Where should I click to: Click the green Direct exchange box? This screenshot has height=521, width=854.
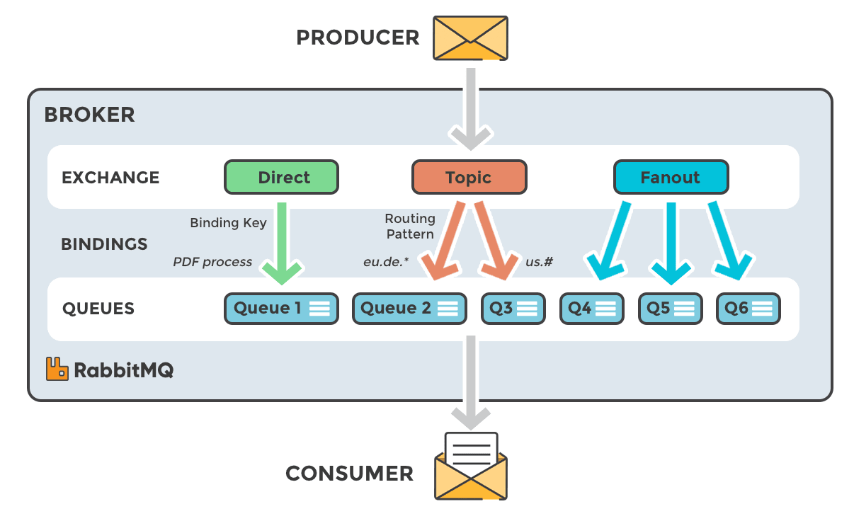(281, 177)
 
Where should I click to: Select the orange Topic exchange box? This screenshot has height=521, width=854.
(469, 177)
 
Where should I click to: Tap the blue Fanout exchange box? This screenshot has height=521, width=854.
(670, 177)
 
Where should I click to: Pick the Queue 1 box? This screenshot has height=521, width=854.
(281, 309)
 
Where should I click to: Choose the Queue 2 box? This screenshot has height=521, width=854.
(409, 309)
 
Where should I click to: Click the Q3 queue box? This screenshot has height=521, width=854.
(513, 309)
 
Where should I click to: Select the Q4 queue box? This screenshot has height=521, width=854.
(591, 309)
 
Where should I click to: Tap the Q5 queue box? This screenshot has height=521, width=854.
(670, 309)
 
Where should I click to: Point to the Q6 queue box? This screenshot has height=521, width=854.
(748, 309)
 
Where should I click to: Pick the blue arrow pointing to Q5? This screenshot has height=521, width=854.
(671, 241)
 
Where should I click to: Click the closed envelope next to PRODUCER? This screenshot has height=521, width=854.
(470, 38)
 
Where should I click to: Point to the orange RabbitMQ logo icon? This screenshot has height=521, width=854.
(57, 369)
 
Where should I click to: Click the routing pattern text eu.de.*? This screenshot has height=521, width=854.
(386, 262)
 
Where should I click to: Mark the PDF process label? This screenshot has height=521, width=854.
(212, 262)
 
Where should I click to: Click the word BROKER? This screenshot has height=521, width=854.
(89, 115)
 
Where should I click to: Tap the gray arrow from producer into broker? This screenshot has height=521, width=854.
(470, 106)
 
